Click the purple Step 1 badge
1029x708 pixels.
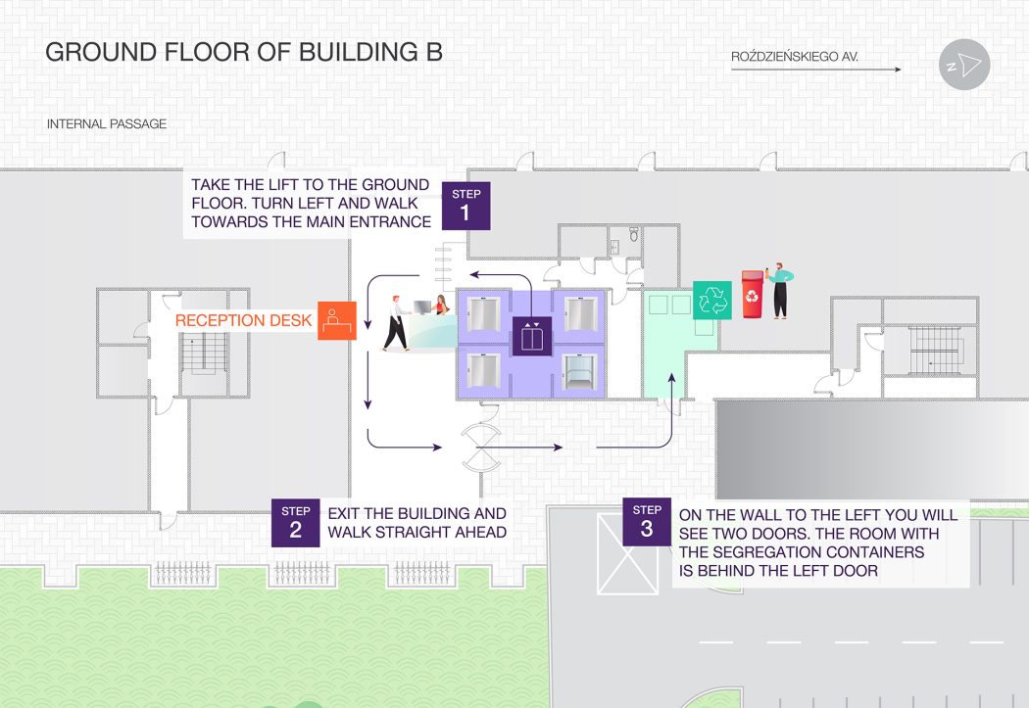[465, 206]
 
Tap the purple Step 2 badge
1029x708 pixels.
[296, 523]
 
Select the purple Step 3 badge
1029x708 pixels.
[647, 522]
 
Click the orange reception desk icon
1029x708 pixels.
[337, 320]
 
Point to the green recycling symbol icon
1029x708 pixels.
[712, 301]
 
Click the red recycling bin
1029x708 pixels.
[753, 295]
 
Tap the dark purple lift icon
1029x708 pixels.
[532, 336]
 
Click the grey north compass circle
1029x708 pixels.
[964, 65]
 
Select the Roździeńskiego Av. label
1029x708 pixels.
[795, 57]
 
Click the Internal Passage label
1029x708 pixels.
[106, 124]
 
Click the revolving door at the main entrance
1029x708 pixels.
[482, 448]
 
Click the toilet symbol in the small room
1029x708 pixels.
[633, 234]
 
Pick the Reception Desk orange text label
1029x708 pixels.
[243, 320]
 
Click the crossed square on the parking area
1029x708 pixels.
[627, 554]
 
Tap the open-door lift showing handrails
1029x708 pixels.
[579, 370]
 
